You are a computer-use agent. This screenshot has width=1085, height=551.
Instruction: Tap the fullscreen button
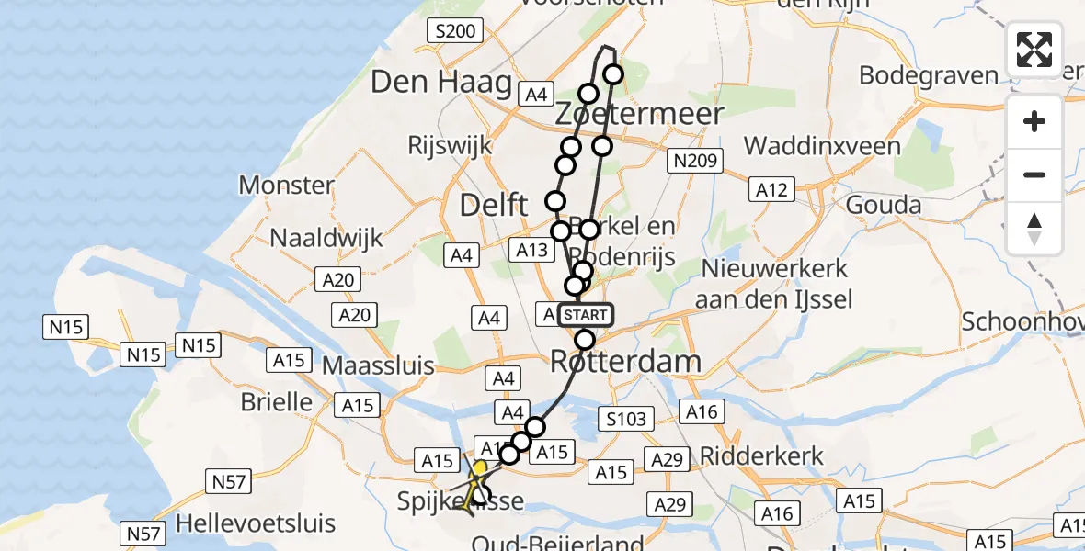pos(1034,50)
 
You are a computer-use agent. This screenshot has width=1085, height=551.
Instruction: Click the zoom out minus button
pos(1034,174)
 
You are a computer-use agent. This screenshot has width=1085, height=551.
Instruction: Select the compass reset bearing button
pos(1034,229)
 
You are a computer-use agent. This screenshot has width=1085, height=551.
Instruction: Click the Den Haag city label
pos(440,84)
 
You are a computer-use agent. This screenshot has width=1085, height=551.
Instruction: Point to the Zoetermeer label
pos(640,114)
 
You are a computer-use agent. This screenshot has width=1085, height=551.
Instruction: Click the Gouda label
pos(885,204)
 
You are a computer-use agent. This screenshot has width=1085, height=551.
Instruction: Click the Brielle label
pos(276,401)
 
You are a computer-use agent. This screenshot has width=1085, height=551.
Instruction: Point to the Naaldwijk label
pos(325,238)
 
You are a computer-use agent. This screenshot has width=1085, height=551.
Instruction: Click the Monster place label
pos(286,185)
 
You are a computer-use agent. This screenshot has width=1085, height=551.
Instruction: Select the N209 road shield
pos(695,161)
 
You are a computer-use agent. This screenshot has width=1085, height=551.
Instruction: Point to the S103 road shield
pos(624,419)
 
